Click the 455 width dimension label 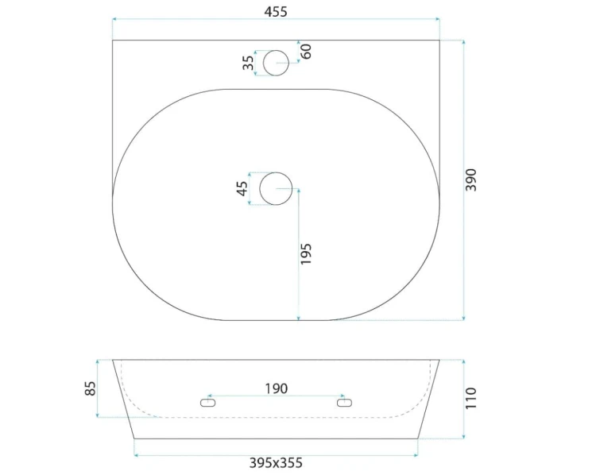click(x=276, y=12)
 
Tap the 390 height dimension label click(x=470, y=180)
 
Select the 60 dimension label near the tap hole click(x=306, y=52)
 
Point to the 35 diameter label click(x=248, y=63)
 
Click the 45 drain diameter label click(x=242, y=188)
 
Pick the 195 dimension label click(x=306, y=254)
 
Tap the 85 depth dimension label click(x=90, y=388)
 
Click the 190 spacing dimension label click(x=276, y=388)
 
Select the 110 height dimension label click(x=470, y=398)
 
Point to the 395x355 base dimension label click(x=276, y=463)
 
